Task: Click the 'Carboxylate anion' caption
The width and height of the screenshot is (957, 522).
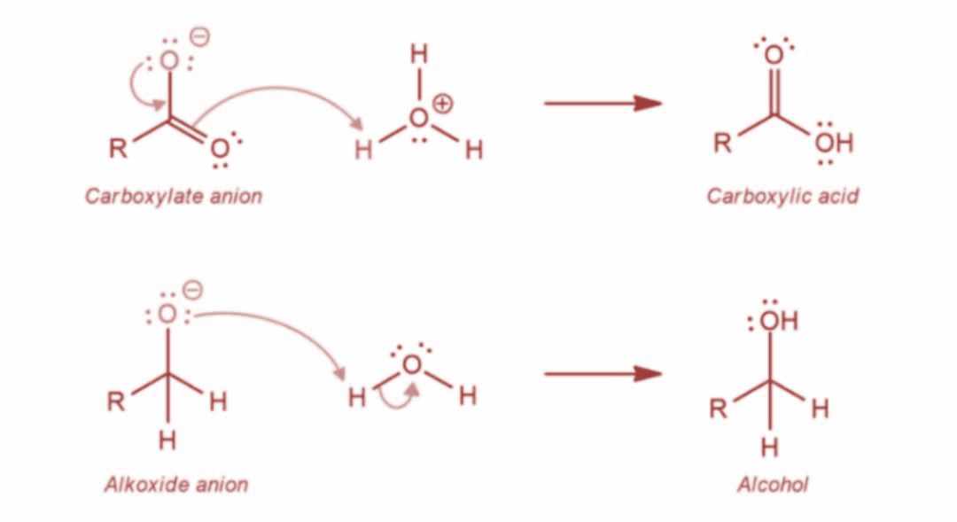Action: [x=174, y=196]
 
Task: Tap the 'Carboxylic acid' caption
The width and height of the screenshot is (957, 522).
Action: [x=782, y=196]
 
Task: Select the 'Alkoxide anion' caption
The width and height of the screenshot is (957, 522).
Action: [x=176, y=484]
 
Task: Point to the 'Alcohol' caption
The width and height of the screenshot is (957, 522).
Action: [x=773, y=484]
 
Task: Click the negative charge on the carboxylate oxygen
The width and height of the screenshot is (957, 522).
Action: [x=201, y=37]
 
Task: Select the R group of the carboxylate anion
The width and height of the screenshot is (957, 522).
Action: [x=118, y=148]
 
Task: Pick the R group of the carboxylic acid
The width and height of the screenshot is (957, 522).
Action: [x=723, y=143]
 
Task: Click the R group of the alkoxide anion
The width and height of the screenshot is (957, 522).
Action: [x=116, y=401]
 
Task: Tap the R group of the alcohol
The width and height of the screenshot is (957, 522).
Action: [x=719, y=409]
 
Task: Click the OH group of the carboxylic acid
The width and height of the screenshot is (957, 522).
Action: [x=834, y=143]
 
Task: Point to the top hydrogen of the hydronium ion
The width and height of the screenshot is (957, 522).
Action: [x=419, y=54]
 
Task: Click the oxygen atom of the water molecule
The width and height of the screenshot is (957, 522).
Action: [x=412, y=364]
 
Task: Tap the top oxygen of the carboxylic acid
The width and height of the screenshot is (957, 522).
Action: [x=774, y=55]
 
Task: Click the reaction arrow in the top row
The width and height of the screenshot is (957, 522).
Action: [x=603, y=103]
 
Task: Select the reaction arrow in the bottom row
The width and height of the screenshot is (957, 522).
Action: [x=603, y=373]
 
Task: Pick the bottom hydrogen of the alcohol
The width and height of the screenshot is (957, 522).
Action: [x=770, y=447]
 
